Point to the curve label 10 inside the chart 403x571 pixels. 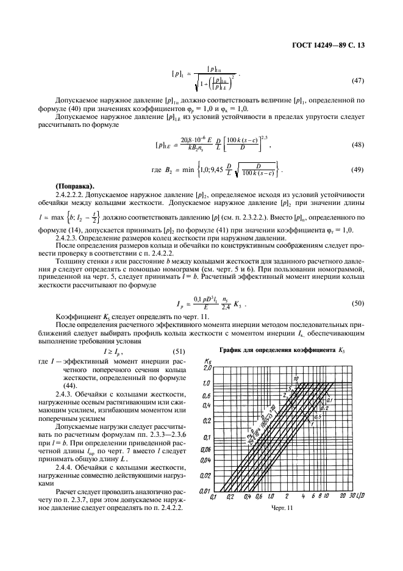click(x=296, y=378)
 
